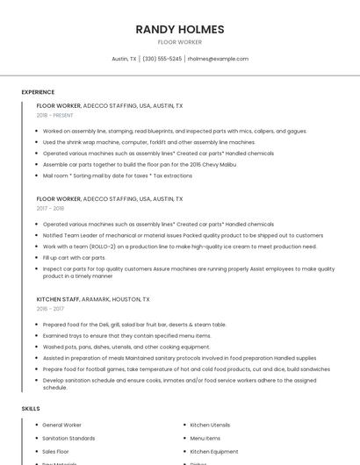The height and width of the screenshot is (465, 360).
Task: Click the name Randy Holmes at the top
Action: tap(179, 30)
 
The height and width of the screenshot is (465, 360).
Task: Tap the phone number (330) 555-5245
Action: tap(162, 59)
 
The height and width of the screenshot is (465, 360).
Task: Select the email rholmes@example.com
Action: tap(218, 59)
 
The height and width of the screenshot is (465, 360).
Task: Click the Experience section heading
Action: tap(38, 92)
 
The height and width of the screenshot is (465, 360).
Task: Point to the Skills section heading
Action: tap(31, 409)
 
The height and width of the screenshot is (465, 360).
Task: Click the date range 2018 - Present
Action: tap(55, 115)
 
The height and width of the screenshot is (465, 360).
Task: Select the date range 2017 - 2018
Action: tap(50, 209)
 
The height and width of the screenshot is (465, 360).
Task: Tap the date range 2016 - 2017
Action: tap(50, 309)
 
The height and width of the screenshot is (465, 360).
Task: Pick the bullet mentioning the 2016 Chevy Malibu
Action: tap(140, 164)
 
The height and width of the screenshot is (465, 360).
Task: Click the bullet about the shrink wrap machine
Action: tap(149, 142)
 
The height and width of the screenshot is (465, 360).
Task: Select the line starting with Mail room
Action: tap(118, 175)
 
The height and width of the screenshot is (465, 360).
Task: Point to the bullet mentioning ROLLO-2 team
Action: tap(180, 247)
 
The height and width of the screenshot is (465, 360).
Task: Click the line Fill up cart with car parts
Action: tap(75, 258)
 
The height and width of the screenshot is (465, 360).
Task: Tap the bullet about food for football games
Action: tap(186, 369)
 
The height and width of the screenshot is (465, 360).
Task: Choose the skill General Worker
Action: tap(62, 425)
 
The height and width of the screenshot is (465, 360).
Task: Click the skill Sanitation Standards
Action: tap(68, 438)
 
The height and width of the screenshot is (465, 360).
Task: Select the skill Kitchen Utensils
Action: tap(210, 425)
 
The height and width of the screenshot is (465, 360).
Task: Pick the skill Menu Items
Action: tap(205, 438)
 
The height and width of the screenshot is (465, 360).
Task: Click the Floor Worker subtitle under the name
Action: tap(179, 42)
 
